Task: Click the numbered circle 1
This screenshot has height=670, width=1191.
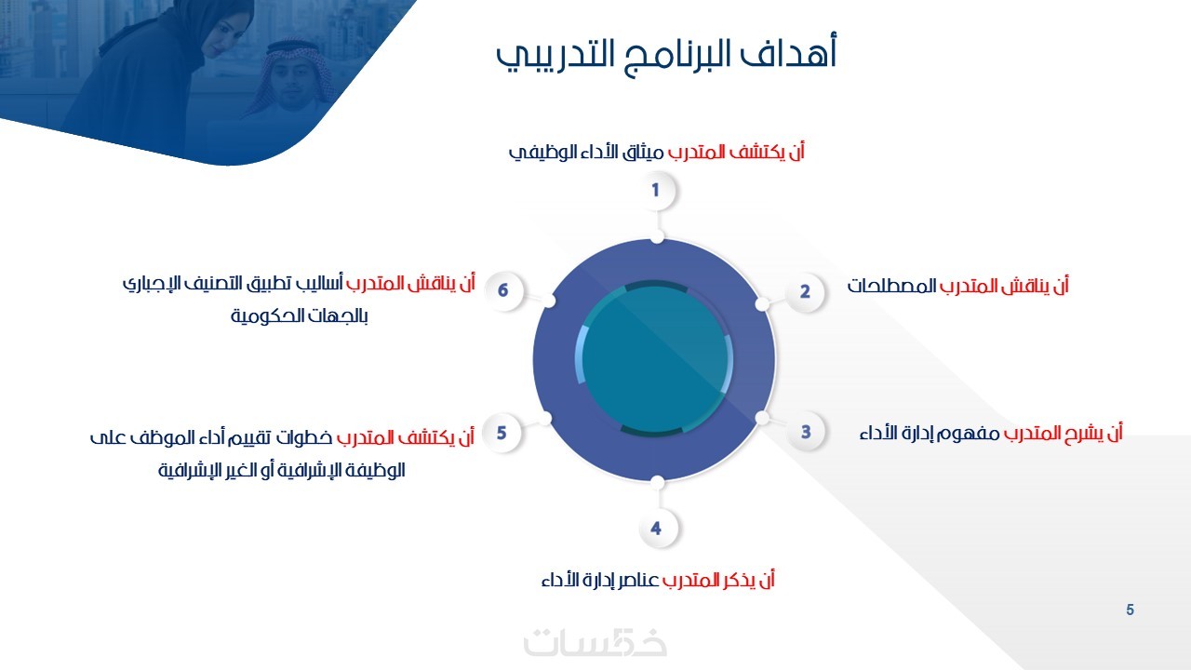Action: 656,191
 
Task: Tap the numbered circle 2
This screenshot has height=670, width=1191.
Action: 805,291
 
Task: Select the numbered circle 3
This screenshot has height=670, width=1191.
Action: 806,432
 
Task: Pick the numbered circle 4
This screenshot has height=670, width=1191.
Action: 656,528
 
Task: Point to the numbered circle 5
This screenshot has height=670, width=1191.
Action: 502,433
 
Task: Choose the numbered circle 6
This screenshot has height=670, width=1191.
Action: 503,290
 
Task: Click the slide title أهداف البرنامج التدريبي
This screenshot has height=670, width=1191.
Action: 667,55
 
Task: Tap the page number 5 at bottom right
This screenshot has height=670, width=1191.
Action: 1130,610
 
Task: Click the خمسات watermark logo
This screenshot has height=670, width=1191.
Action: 595,642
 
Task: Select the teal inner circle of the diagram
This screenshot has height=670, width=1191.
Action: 654,360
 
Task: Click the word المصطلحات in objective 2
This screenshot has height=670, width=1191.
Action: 891,286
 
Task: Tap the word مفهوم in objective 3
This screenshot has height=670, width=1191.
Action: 967,434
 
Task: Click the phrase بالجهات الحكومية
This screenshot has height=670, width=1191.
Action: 300,315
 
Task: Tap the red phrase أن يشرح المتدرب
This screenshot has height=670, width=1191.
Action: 1063,434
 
